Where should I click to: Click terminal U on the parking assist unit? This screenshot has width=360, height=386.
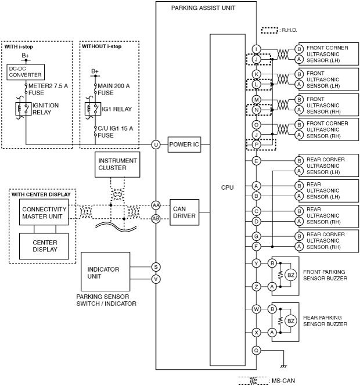tap(156, 145)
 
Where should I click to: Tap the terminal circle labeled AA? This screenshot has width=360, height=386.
tap(156, 205)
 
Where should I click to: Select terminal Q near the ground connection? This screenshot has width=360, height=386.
tap(256, 351)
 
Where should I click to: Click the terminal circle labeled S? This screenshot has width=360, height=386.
tap(156, 267)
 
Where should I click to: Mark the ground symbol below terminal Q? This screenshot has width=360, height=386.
tap(284, 366)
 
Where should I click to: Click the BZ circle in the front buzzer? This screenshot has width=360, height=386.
tap(291, 275)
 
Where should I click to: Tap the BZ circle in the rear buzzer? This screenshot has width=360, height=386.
tap(291, 321)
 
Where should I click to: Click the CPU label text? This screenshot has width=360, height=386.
tap(227, 187)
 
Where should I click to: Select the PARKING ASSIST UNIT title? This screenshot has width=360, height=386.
tap(203, 8)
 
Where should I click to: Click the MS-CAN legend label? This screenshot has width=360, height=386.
tap(283, 381)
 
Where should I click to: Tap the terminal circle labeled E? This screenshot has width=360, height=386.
tap(256, 161)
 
